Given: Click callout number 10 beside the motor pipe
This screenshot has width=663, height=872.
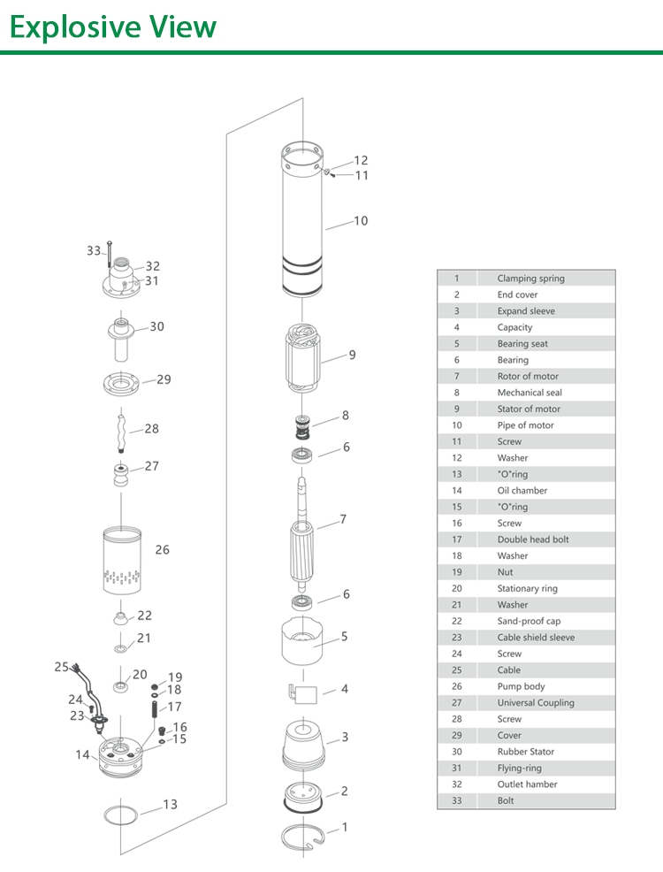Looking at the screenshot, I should [x=361, y=221].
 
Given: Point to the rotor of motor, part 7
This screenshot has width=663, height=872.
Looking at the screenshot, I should [x=302, y=538].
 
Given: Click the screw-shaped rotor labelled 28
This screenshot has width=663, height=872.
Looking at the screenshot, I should [x=121, y=428].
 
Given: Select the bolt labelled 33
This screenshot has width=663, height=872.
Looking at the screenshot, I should [x=108, y=252].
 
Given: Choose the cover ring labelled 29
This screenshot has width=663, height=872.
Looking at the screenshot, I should [x=122, y=385].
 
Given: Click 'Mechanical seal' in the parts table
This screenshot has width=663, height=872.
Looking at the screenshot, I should [x=529, y=393].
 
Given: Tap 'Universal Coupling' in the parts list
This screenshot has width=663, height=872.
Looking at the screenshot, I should [x=535, y=703].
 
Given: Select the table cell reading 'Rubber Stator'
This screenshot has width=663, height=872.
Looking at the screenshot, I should [x=525, y=752].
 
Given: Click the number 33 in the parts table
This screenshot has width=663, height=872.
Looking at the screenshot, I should [x=456, y=800].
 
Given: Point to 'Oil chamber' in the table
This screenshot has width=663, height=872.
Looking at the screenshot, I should [x=522, y=491].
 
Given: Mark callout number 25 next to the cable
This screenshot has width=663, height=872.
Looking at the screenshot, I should [x=61, y=667].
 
